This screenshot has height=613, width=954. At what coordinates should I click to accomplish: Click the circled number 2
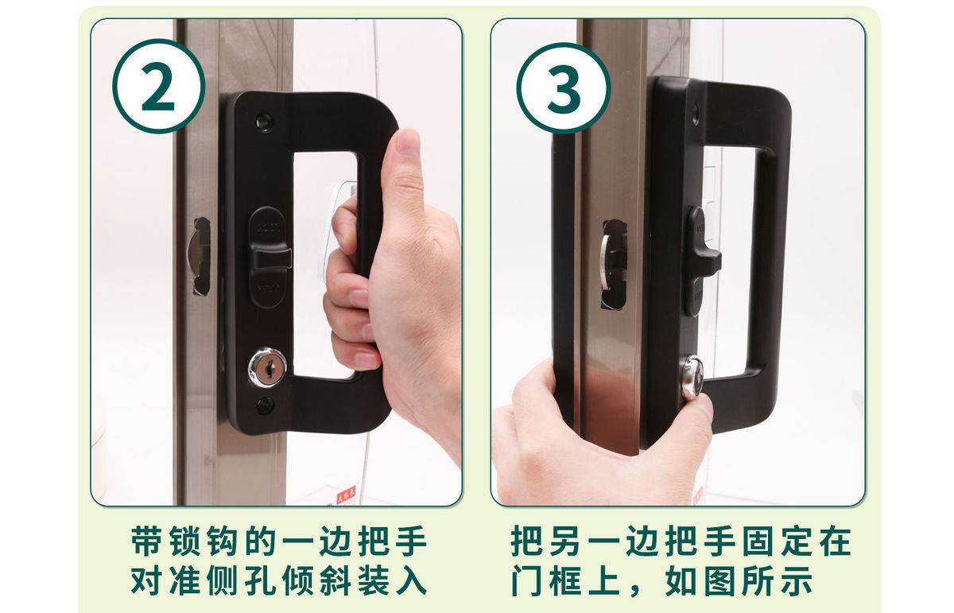point(158,86)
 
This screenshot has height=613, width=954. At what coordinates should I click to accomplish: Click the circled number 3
point(564,88)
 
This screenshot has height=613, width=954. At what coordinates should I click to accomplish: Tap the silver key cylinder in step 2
point(267,367)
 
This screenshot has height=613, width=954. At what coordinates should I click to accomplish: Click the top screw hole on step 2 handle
point(264,122)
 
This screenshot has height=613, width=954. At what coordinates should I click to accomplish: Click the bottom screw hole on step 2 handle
point(265,405)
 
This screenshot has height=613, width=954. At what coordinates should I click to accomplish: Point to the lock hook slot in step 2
point(200,257)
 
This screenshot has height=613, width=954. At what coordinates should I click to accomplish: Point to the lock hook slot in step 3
point(613,265)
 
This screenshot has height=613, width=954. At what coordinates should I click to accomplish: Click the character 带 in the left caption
point(146,541)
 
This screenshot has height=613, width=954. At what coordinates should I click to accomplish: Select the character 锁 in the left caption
point(184,541)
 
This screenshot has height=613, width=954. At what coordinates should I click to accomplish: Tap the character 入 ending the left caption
point(412,580)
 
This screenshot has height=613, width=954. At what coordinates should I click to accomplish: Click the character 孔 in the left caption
point(260,580)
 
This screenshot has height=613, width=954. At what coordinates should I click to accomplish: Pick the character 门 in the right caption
point(526,580)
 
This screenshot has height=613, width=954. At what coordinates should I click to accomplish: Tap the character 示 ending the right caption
point(797,580)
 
